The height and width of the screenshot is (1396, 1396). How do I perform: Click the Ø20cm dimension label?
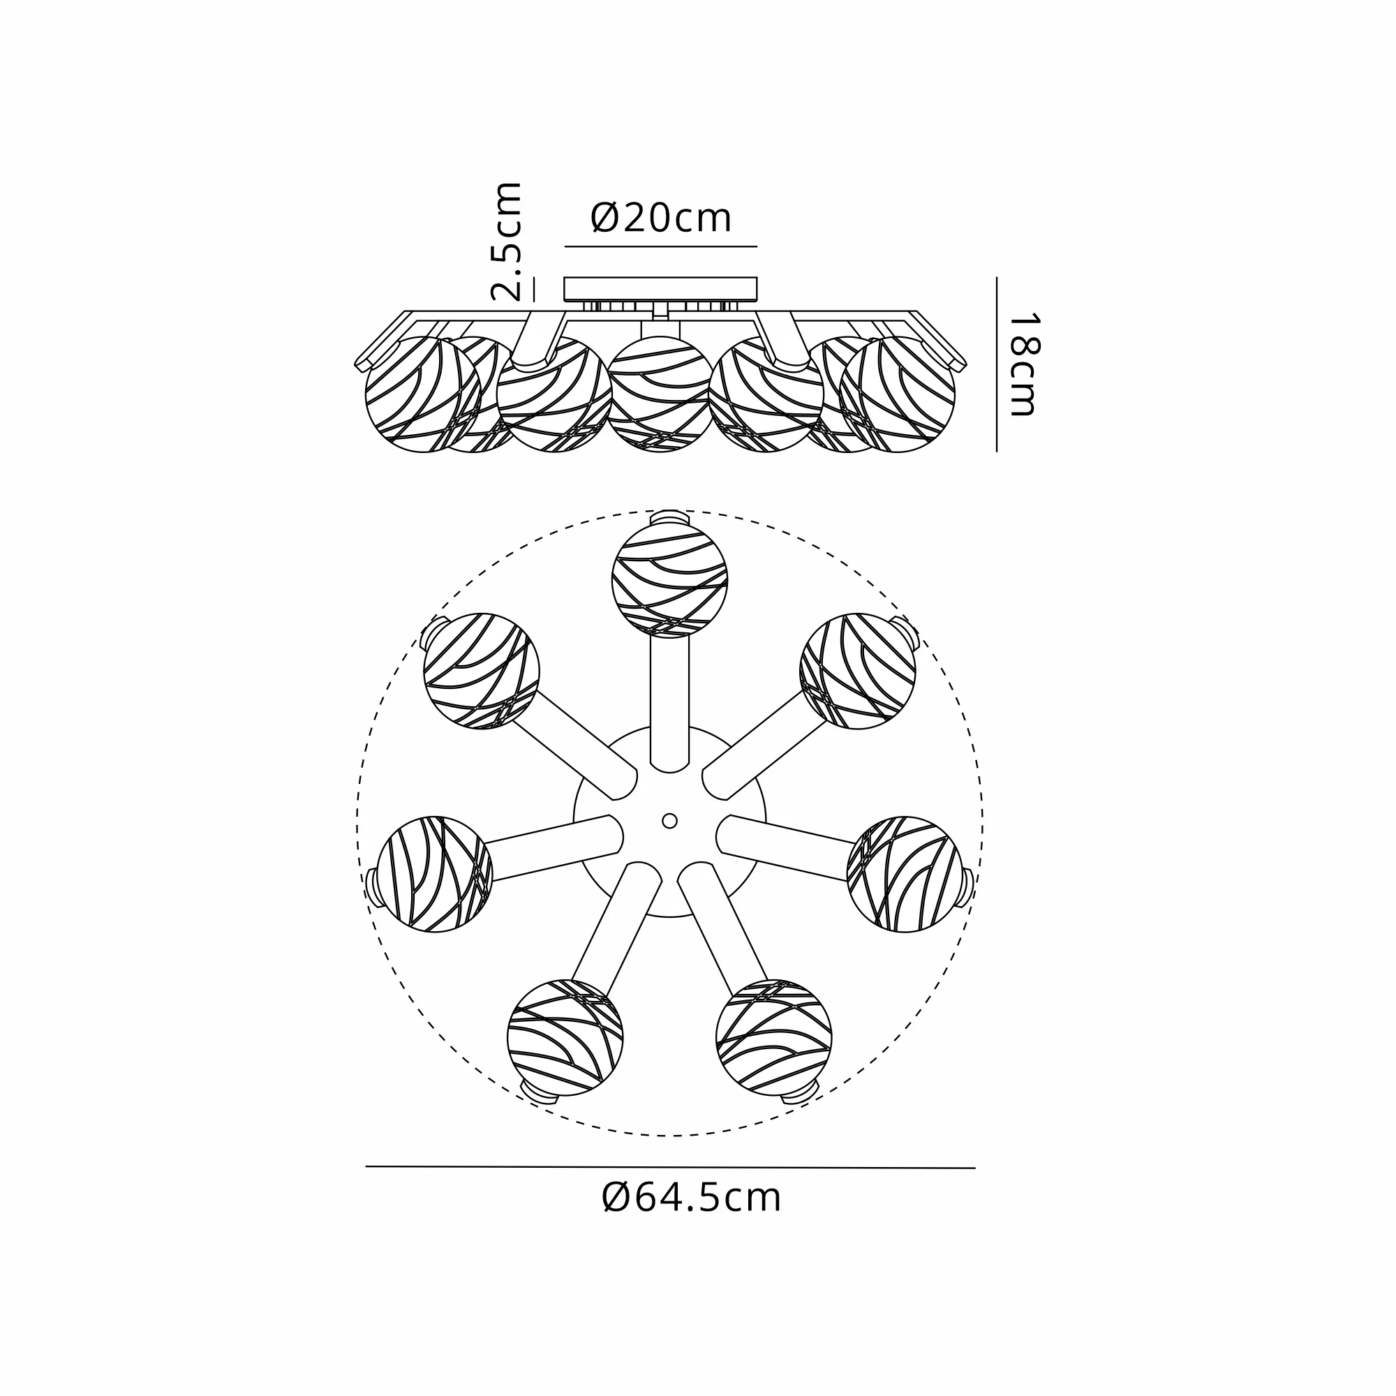(661, 218)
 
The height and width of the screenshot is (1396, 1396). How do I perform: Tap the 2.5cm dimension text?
(507, 242)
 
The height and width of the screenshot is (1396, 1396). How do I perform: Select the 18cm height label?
(1022, 365)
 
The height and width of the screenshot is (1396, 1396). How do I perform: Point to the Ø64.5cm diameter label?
(692, 1197)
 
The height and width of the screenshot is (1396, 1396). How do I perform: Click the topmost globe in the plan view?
(669, 580)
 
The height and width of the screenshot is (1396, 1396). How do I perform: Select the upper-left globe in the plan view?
(481, 671)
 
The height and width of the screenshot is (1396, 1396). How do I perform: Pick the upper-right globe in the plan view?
(858, 671)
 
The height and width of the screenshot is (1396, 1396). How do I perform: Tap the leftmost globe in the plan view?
(435, 875)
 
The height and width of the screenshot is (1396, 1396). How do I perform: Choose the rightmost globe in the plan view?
(905, 875)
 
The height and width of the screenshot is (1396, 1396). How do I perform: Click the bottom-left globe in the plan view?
(565, 1038)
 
